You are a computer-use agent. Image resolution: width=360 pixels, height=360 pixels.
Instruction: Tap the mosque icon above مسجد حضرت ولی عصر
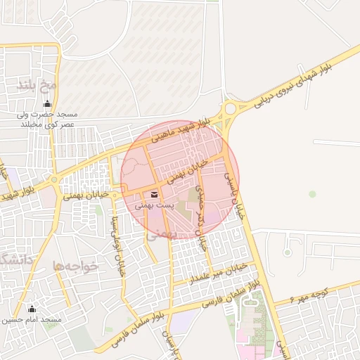(x=48, y=104)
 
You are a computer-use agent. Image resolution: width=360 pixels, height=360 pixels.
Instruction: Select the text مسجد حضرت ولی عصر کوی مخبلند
(x=48, y=119)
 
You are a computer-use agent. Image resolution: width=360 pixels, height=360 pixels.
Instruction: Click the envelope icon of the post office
(x=155, y=195)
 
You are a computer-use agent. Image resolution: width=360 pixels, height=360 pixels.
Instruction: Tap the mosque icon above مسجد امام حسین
(x=31, y=309)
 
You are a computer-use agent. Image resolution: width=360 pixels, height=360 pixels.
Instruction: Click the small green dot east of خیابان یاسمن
(x=312, y=193)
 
